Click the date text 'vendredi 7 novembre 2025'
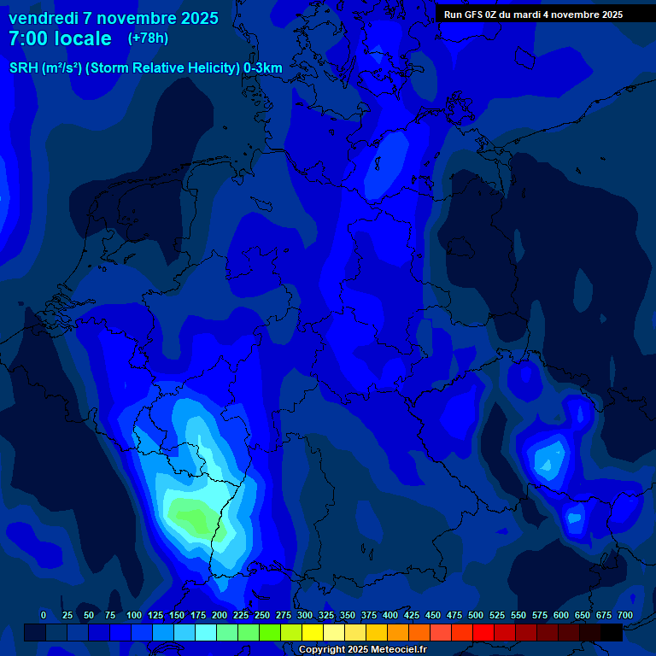(113, 18)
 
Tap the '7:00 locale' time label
(60, 38)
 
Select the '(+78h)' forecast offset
(148, 38)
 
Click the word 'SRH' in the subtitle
(23, 67)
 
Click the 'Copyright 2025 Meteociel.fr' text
(362, 650)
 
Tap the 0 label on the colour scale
(44, 615)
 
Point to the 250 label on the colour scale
(262, 615)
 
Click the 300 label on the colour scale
(305, 615)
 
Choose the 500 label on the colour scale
(476, 615)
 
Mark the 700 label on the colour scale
(625, 615)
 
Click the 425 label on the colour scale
(412, 615)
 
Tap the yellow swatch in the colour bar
(313, 632)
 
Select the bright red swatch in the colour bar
(483, 632)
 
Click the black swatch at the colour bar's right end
(612, 632)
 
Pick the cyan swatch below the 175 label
(206, 632)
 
